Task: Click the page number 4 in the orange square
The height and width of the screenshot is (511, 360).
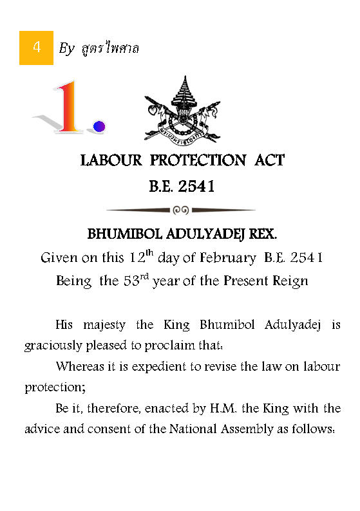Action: pos(36,47)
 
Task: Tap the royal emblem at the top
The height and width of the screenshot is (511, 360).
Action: pos(182,109)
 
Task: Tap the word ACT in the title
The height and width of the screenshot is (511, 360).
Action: pos(264,160)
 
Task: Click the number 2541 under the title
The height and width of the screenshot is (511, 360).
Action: pos(196,187)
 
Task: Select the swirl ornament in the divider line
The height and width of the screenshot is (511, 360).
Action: pos(181,210)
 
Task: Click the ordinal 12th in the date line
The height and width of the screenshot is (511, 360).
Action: pos(140,256)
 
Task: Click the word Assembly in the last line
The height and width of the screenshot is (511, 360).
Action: pos(264,429)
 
